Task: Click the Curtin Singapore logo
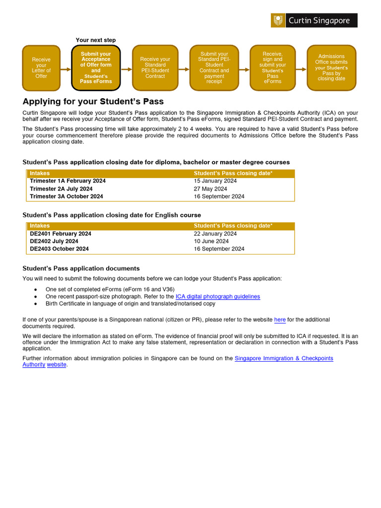314,20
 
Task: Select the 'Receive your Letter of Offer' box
41,68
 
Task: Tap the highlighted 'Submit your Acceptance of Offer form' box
96,68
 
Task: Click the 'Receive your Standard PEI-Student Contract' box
155,68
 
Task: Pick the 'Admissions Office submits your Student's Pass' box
331,68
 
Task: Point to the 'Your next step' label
96,40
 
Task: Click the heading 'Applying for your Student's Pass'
93,102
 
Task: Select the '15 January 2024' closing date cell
215,181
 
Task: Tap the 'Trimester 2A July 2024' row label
61,189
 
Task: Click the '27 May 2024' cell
210,189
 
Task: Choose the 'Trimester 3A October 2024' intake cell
66,196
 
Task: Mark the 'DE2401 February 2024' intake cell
61,234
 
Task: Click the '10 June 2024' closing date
211,241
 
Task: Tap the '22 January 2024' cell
215,234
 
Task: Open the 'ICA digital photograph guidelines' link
217,297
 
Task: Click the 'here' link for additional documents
280,320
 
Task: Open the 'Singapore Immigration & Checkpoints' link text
283,358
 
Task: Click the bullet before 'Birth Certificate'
35,304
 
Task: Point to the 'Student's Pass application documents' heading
81,268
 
